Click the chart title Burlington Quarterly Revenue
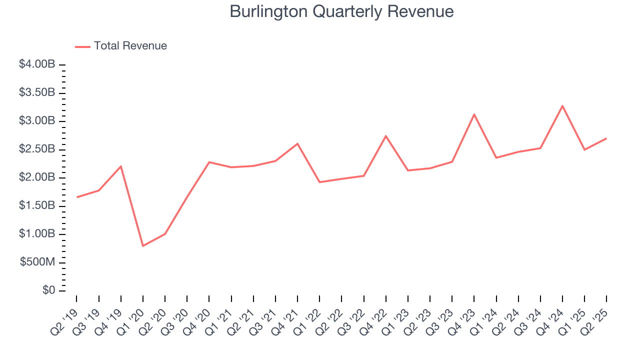[341, 12]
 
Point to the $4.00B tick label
[37, 65]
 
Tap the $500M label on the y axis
[37, 262]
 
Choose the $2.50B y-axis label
[37, 149]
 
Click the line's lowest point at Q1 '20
[143, 246]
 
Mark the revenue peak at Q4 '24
[562, 106]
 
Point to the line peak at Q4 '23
[474, 114]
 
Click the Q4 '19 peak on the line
[121, 166]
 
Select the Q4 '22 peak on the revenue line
[386, 136]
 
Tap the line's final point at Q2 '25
[606, 138]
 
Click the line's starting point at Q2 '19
[77, 197]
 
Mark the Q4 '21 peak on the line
[297, 143]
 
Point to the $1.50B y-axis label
[37, 206]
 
